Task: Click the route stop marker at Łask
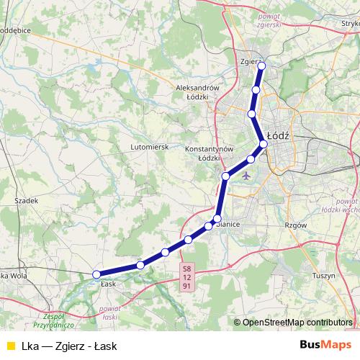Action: (96, 274)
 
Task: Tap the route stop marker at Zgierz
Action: (261, 66)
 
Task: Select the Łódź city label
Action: (277, 135)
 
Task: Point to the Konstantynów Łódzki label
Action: (210, 153)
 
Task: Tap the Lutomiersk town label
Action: (149, 146)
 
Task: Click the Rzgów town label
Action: (296, 225)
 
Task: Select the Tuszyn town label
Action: (325, 276)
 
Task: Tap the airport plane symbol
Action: (248, 174)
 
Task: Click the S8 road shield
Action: (187, 268)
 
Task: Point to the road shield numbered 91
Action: (187, 287)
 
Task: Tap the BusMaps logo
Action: (321, 344)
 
